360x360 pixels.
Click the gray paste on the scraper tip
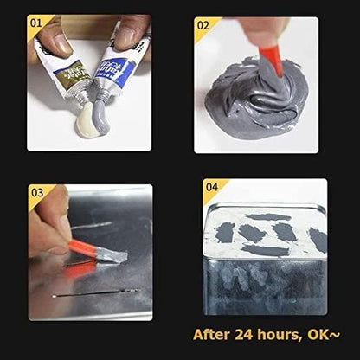point(111,256)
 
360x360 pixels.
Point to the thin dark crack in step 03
point(95,293)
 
